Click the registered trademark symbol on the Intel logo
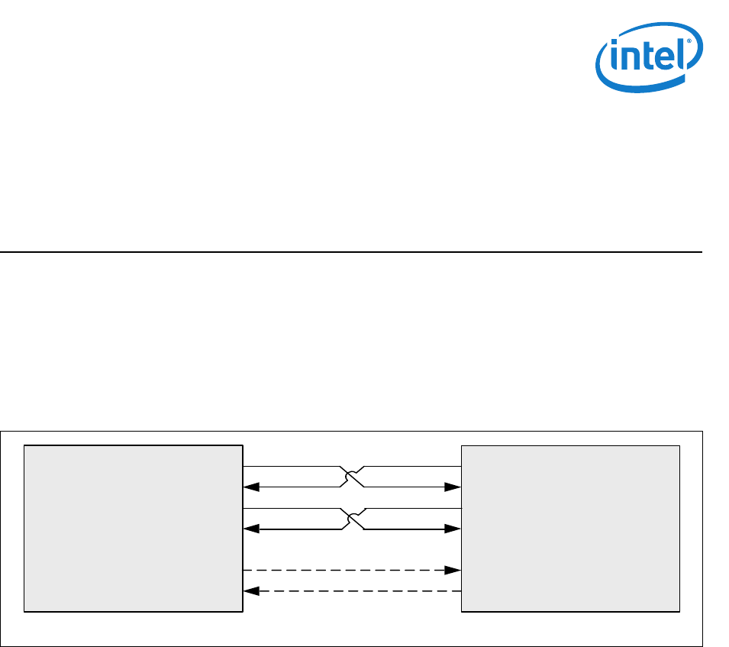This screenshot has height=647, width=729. tap(690, 44)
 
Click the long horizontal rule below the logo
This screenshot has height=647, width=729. tap(350, 252)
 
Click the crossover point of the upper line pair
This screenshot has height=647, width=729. tap(352, 476)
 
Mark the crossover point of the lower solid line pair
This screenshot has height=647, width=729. tap(352, 519)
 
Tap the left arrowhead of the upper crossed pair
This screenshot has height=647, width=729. tap(248, 486)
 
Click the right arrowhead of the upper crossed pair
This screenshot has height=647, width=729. tap(456, 486)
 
